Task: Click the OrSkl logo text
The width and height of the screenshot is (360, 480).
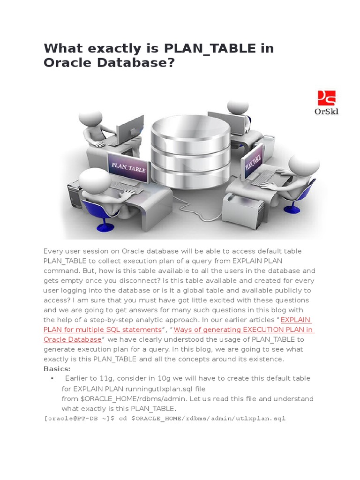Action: click(x=326, y=112)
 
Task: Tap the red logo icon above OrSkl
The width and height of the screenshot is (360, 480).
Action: click(x=327, y=98)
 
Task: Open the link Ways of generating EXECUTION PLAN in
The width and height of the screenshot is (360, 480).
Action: click(x=244, y=330)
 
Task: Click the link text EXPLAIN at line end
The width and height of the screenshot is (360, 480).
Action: click(x=296, y=320)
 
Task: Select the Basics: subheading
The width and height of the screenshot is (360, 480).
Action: click(x=57, y=369)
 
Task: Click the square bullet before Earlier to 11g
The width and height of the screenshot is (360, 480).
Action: click(x=52, y=378)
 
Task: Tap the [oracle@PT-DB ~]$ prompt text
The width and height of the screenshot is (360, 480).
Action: click(x=79, y=419)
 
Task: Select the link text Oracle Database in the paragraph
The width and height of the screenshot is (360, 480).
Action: click(x=73, y=339)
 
